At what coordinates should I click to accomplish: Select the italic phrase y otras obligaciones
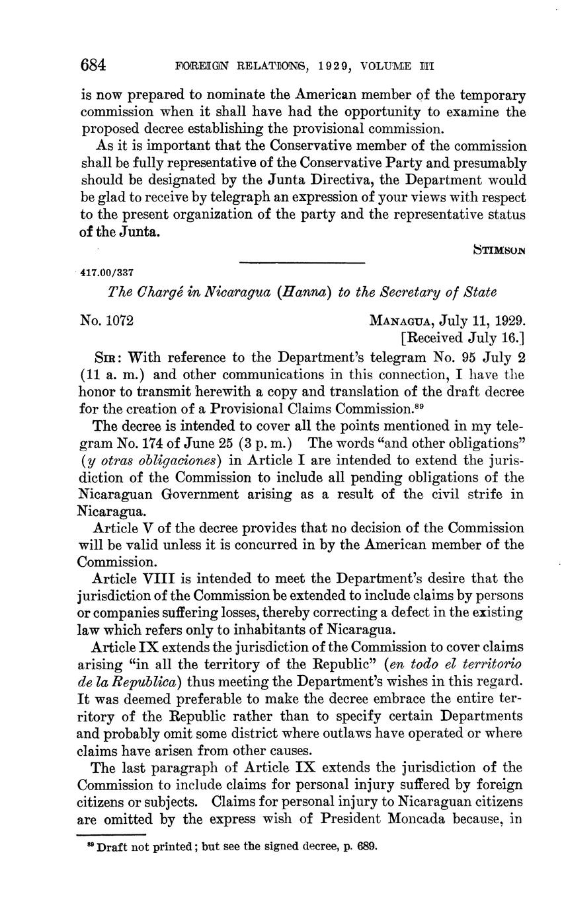click(x=150, y=460)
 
